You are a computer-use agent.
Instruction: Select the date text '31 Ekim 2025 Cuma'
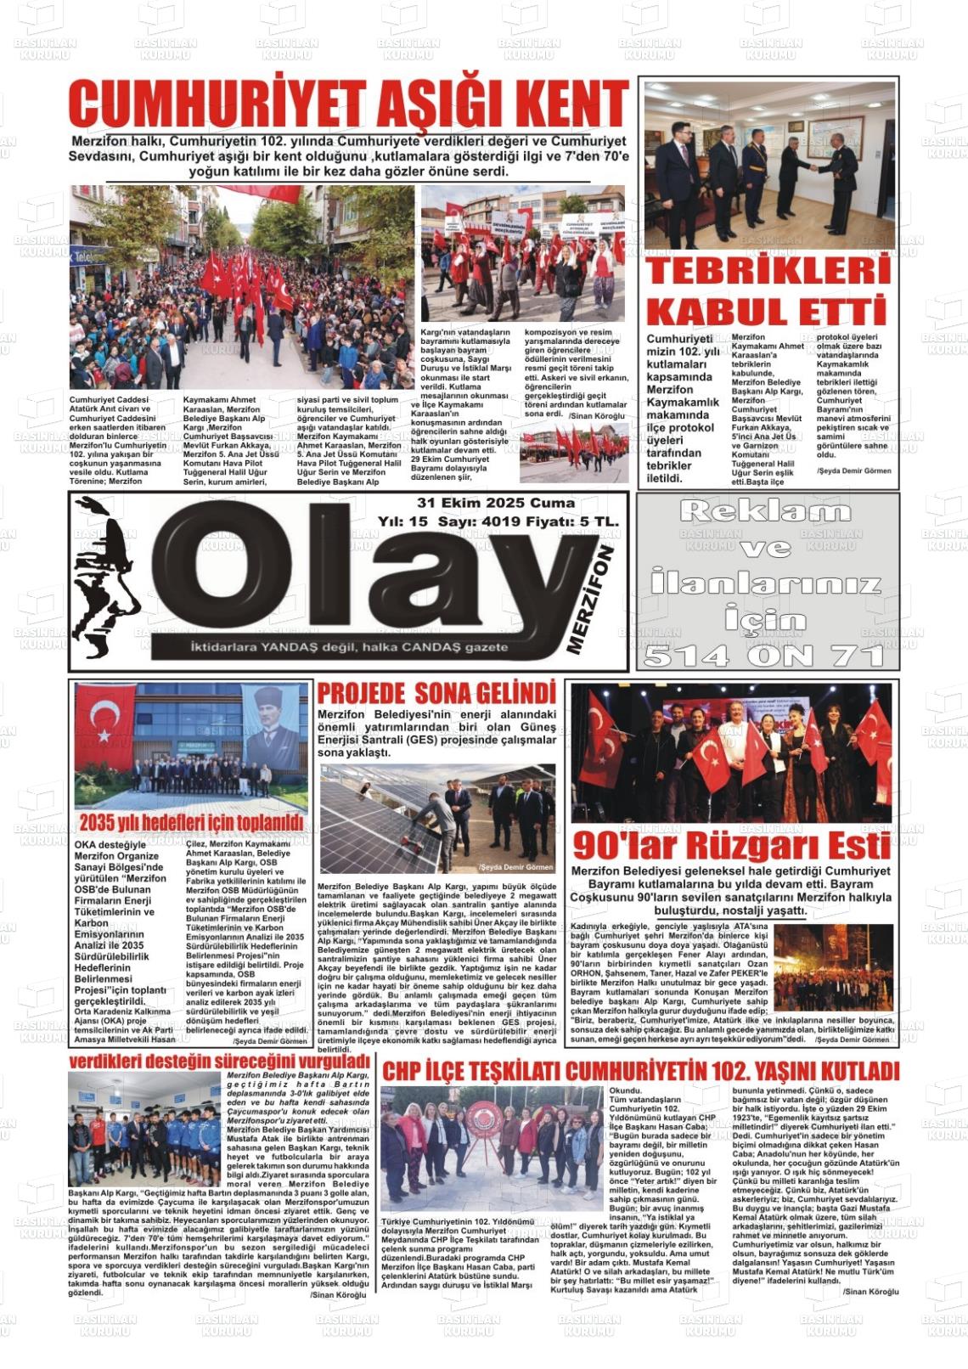[496, 503]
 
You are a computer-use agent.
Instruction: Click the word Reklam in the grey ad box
[765, 511]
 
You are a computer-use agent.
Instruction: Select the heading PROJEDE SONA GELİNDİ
[436, 692]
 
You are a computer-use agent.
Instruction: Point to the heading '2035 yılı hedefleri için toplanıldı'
[191, 822]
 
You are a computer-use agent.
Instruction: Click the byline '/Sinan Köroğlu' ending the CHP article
[870, 1292]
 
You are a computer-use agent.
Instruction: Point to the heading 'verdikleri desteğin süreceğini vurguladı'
[219, 1061]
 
